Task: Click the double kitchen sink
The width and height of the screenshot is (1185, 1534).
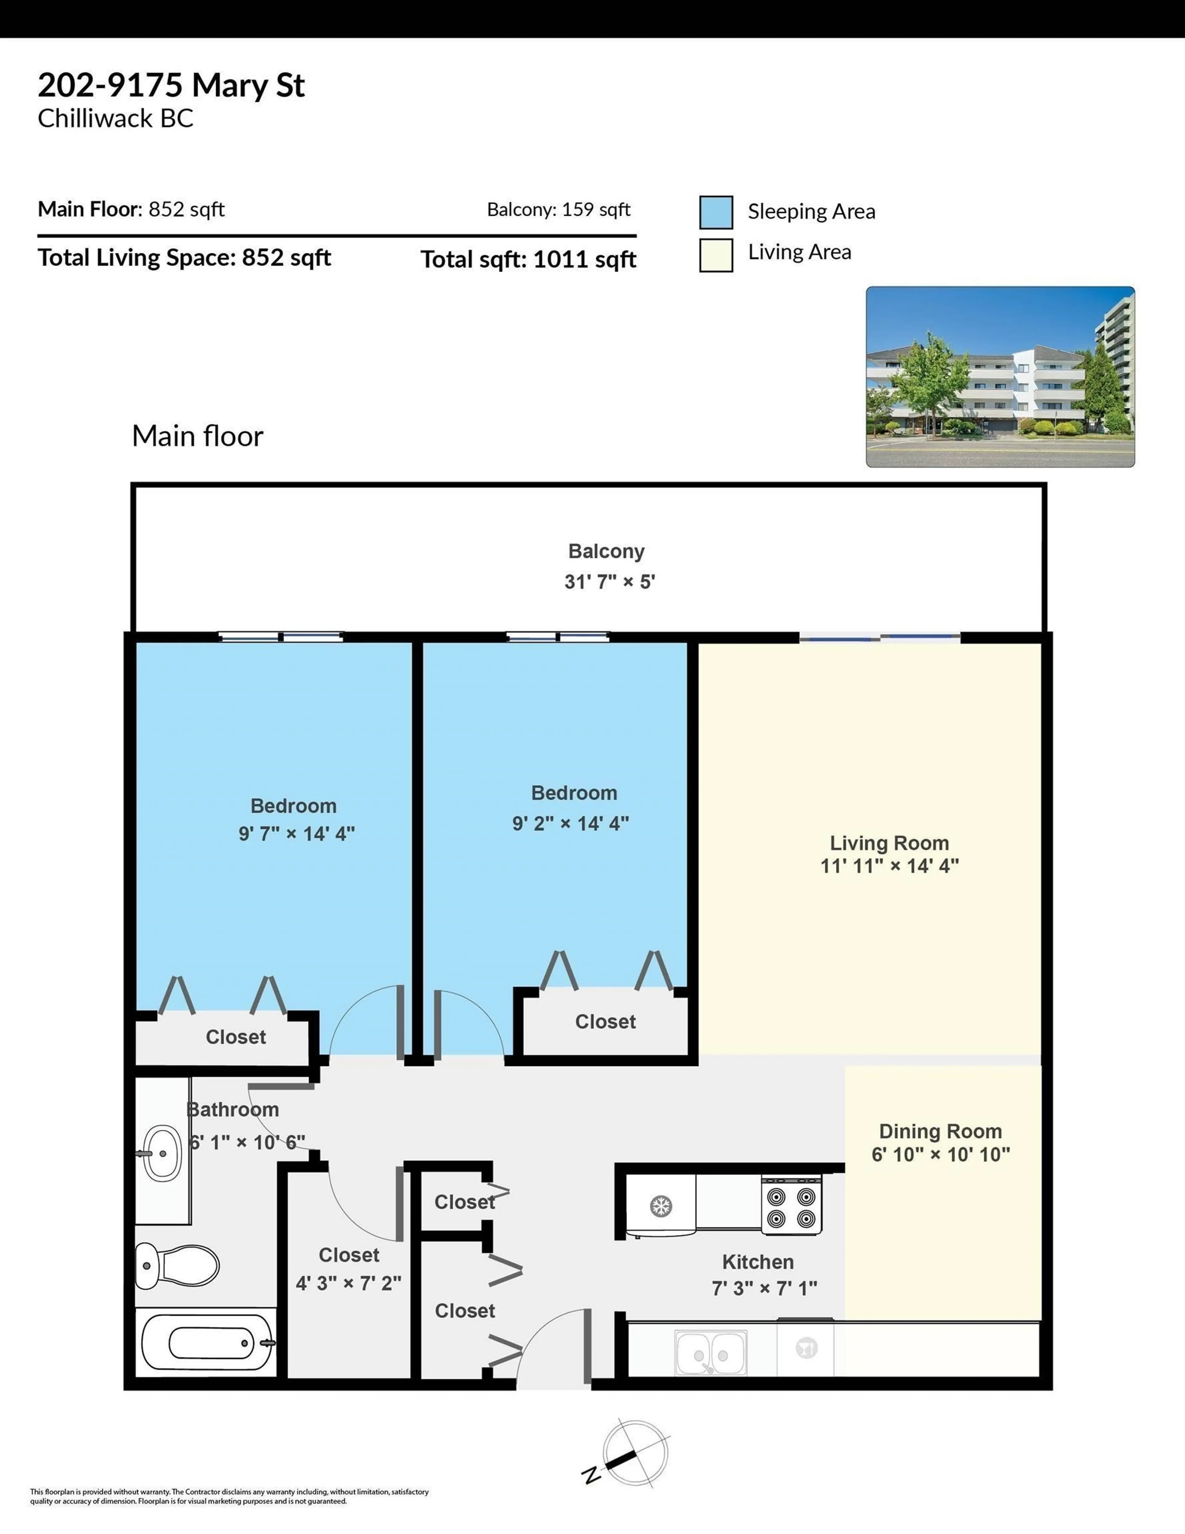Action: click(710, 1352)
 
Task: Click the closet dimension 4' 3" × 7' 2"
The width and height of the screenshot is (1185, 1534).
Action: click(348, 1283)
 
